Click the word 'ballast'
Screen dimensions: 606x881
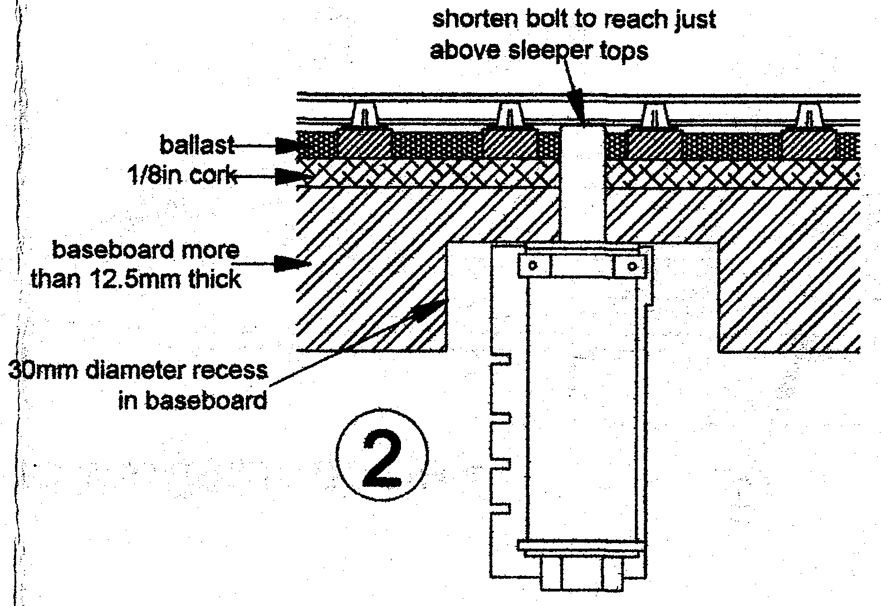(x=196, y=146)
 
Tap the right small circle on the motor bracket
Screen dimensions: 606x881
(x=632, y=266)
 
